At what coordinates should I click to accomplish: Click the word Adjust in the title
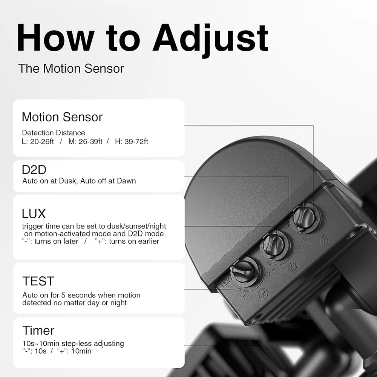point(211,40)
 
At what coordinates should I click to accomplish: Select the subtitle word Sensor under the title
point(104,69)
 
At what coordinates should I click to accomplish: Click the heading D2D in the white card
point(34,170)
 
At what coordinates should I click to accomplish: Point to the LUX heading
point(34,214)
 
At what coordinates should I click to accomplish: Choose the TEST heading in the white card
point(38,281)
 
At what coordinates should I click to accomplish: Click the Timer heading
point(38,330)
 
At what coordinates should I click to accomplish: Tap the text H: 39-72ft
point(132,141)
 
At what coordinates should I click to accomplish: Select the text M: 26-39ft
point(85,141)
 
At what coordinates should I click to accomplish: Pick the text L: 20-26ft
point(38,141)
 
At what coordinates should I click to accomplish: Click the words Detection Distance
point(54,133)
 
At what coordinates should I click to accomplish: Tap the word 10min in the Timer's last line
point(81,351)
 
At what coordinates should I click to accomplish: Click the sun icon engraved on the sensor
point(293,267)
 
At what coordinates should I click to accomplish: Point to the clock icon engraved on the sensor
point(263,294)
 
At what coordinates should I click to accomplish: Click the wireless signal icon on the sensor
point(325,241)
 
